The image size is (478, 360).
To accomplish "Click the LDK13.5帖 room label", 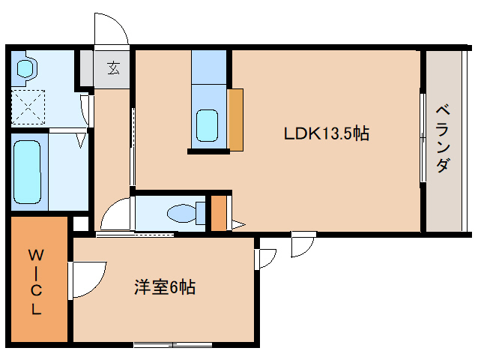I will point(325,134).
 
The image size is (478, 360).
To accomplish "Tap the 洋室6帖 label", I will point(165,286).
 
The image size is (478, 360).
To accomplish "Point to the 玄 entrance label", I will point(112,68).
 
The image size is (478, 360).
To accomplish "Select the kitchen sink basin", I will point(207,124).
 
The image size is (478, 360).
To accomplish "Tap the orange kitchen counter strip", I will point(236,119).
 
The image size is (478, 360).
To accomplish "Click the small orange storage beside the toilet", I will point(218,214).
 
